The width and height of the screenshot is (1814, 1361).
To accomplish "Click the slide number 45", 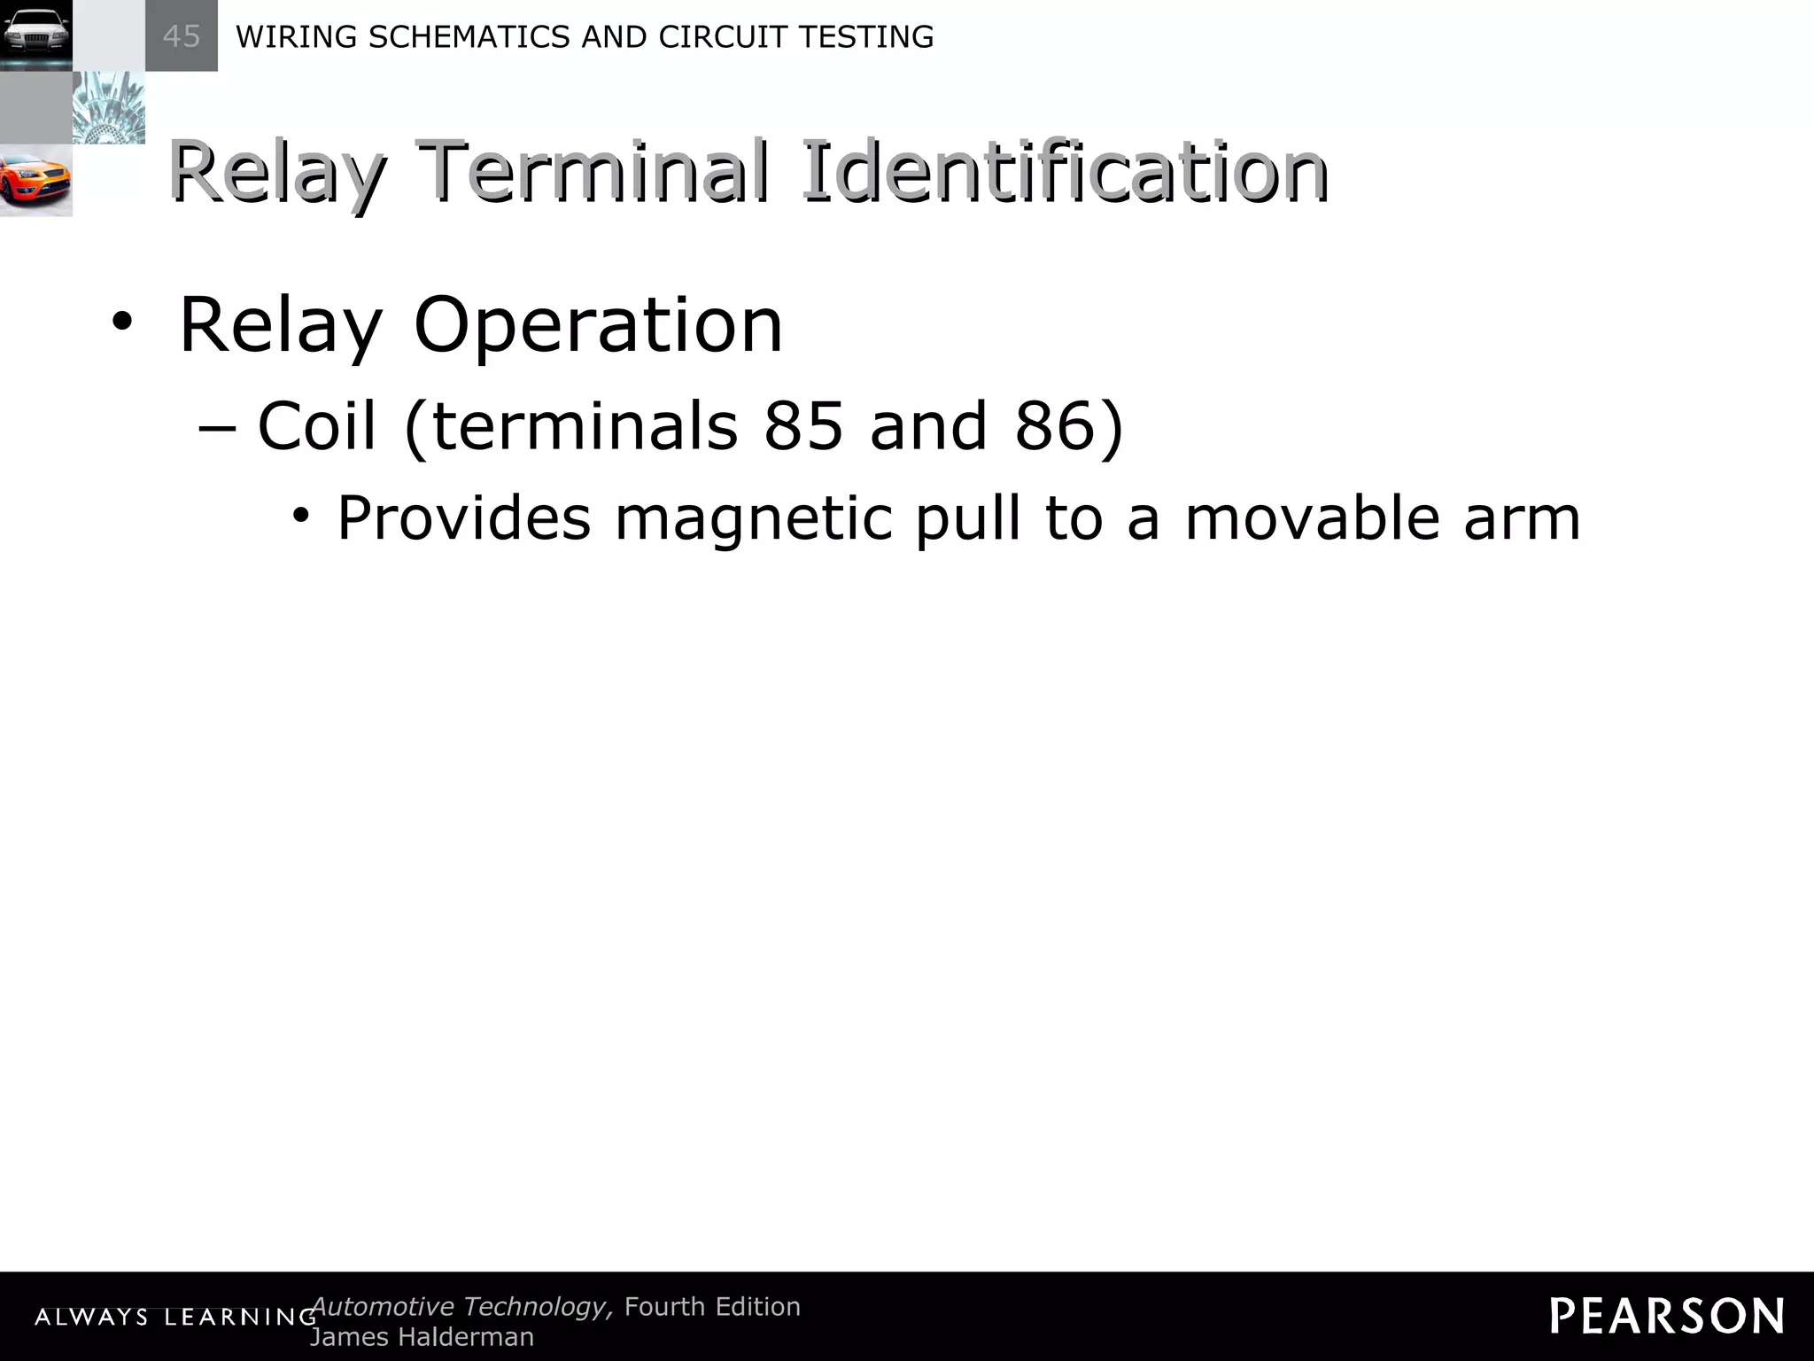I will pos(182,36).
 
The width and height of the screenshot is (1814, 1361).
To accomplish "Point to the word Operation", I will pos(598,325).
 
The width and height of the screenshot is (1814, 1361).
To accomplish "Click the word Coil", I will pos(317,425).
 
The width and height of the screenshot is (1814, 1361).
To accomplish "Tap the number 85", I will pos(803,425).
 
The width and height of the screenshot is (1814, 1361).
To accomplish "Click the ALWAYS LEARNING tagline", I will pos(175,1318).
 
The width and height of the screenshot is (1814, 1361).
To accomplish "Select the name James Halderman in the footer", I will pos(422,1337).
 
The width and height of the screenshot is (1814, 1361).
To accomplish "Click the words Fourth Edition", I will pos(712,1307).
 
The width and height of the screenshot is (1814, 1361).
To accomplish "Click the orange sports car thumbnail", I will pos(35,181).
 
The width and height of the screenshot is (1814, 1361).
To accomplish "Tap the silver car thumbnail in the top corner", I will pos(35,35).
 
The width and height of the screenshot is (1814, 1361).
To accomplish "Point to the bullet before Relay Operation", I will pos(121,324).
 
